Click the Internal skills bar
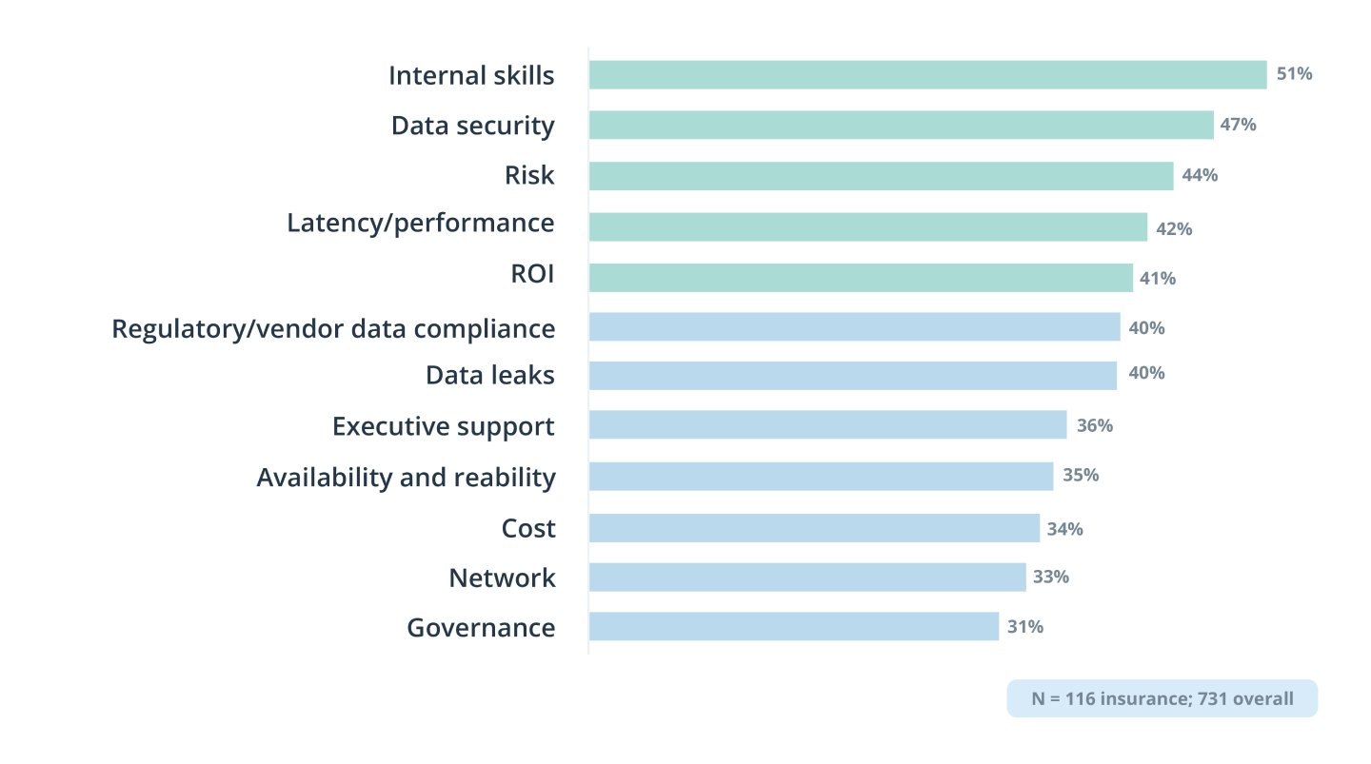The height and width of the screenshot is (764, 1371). (x=927, y=75)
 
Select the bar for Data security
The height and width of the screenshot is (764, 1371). (x=901, y=126)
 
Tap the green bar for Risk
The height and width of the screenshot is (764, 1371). (x=881, y=176)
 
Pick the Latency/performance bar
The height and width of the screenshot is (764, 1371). (x=867, y=226)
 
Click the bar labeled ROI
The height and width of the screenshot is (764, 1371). (x=861, y=277)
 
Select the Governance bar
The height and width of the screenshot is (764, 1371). (x=793, y=626)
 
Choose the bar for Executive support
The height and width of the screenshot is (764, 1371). (x=827, y=424)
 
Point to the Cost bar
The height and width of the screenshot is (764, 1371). (x=814, y=528)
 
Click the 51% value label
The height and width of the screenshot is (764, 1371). (x=1294, y=73)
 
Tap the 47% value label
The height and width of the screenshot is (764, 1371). (x=1239, y=125)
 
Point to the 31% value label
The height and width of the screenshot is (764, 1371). (x=1025, y=626)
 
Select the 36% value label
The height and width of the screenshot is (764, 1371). (x=1094, y=425)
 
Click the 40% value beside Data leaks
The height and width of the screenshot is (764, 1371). (x=1145, y=373)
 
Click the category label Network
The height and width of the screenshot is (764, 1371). (x=502, y=578)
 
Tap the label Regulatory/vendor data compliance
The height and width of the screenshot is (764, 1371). (x=333, y=328)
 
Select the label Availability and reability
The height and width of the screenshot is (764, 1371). (x=406, y=477)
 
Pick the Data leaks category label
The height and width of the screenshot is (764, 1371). (x=489, y=375)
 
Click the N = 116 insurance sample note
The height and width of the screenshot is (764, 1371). (x=1162, y=698)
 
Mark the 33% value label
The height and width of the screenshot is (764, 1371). (x=1051, y=577)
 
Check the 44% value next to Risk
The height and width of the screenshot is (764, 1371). (x=1200, y=175)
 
